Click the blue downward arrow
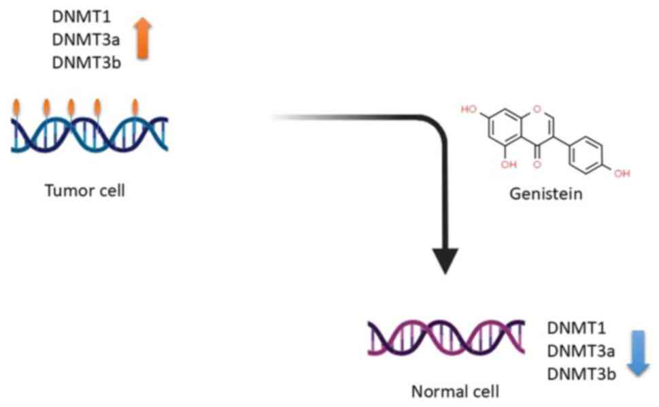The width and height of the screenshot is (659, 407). tap(639, 353)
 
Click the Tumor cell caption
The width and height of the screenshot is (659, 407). tap(85, 190)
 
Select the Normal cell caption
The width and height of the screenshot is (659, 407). tap(445, 392)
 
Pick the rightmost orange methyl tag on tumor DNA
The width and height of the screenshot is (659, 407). tap(135, 107)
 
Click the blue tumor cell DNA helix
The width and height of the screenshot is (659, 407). tap(89, 133)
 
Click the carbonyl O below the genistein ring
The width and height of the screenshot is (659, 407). tap(537, 164)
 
